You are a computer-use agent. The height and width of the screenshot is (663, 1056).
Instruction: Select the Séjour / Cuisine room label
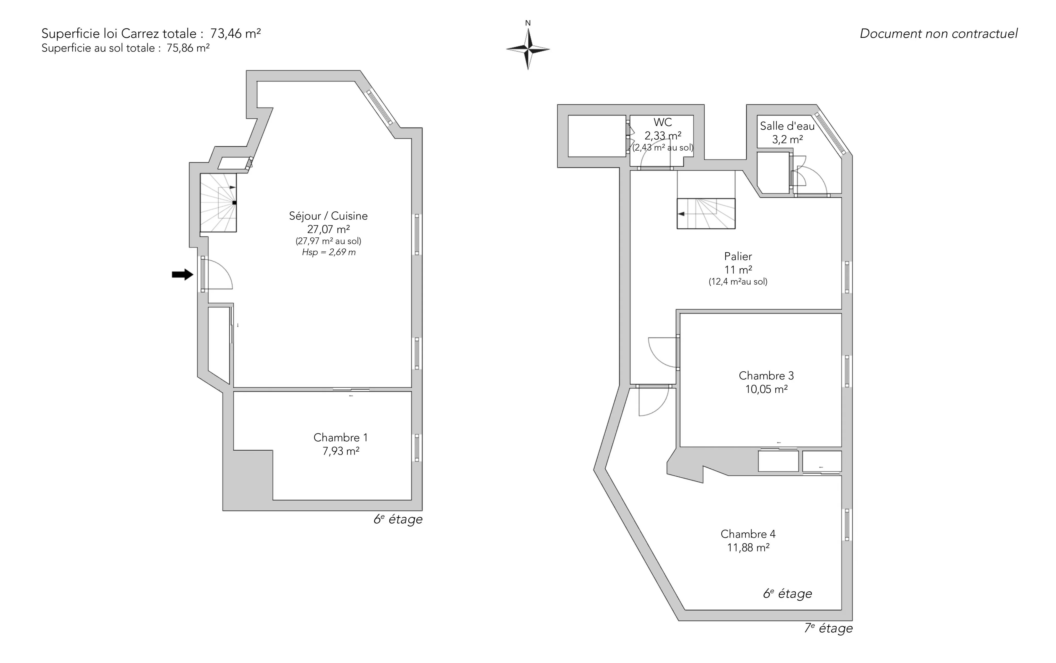(x=328, y=216)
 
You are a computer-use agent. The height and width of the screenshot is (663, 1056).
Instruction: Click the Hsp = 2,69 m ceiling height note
(x=328, y=252)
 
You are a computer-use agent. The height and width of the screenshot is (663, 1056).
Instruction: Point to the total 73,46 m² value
(x=235, y=33)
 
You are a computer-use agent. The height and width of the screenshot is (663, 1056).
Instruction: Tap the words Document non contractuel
(x=938, y=34)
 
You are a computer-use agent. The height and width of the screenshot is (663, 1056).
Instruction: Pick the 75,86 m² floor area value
(x=188, y=48)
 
